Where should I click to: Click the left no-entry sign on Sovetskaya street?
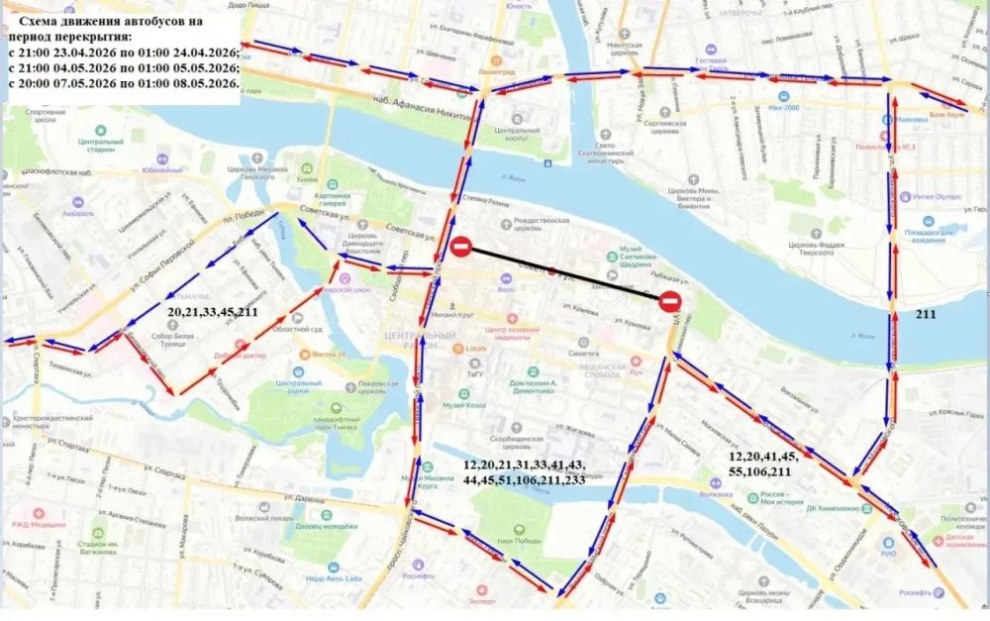click(460, 247)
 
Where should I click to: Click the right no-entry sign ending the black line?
click(670, 300)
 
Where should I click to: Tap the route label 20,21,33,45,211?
click(212, 312)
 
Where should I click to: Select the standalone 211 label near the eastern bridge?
click(927, 315)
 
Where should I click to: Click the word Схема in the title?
click(51, 19)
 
